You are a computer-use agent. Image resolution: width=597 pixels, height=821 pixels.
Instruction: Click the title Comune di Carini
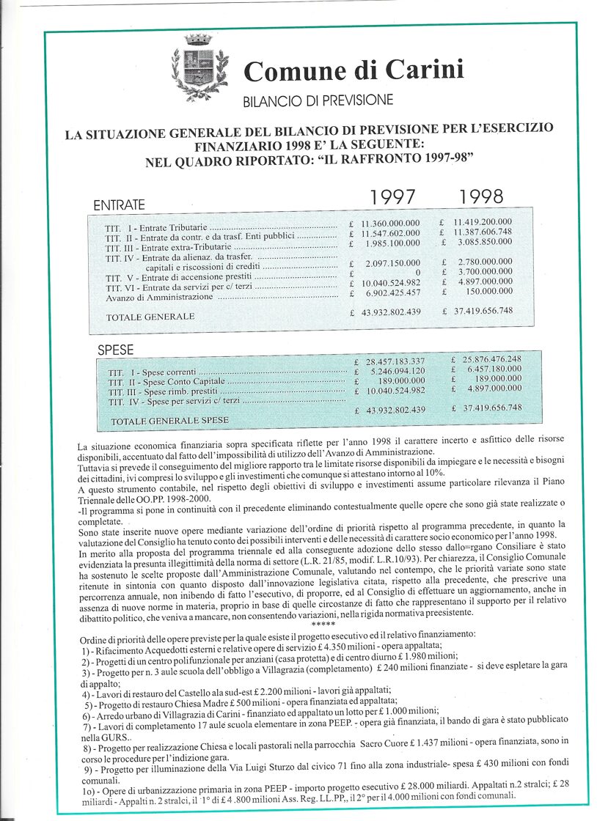(x=354, y=70)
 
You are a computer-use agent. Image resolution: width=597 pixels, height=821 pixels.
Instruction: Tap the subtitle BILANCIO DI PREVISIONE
(x=318, y=100)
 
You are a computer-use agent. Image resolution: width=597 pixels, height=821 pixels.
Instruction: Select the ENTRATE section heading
(x=120, y=205)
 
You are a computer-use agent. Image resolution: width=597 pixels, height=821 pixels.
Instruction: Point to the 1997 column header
(x=392, y=197)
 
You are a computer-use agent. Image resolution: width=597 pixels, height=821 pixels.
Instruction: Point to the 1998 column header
(x=481, y=196)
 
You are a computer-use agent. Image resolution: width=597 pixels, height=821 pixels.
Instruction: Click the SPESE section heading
(x=116, y=350)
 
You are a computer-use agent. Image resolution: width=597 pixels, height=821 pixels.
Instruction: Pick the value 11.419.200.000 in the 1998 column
(x=483, y=221)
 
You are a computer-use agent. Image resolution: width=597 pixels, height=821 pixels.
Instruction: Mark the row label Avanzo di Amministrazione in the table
(x=159, y=298)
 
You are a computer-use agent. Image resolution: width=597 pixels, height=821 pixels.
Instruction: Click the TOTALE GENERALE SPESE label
(x=169, y=421)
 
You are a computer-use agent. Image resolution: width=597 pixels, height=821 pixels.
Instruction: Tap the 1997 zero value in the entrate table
(x=417, y=273)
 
